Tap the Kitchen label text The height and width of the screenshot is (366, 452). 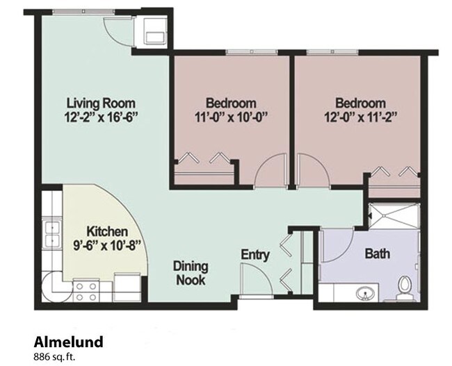coord(106,231)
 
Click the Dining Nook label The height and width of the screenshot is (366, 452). coord(190,272)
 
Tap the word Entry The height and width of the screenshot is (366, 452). coord(255,254)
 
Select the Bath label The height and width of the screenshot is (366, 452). coord(378,254)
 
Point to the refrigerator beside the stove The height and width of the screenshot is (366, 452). coord(127,285)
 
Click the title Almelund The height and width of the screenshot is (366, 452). coord(68,341)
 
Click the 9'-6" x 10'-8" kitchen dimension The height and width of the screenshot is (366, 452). coord(106,244)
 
